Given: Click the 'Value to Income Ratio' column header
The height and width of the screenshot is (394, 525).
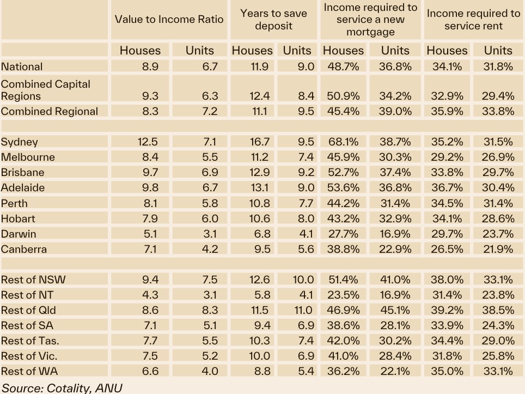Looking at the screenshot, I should coord(169,20).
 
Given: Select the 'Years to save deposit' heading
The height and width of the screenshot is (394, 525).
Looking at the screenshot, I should coord(273,20).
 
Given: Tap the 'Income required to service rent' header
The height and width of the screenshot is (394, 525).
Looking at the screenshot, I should coord(473,20).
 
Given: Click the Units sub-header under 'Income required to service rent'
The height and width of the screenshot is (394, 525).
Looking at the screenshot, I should coord(498,50).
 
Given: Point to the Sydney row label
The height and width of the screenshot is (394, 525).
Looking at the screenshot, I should coord(20,142).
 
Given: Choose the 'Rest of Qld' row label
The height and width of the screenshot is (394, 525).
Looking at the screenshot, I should coord(29,310).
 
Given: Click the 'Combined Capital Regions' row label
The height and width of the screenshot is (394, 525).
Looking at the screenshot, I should coord(46,90).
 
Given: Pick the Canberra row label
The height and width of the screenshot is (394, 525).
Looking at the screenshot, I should coord(24,249).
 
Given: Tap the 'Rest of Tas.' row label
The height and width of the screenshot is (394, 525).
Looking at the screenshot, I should coord(30,341).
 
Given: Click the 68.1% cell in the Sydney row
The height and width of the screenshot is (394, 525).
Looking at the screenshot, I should coord(343,142).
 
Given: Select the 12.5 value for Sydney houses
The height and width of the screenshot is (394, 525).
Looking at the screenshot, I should coord(147,142).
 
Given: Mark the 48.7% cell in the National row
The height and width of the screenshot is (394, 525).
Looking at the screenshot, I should coord(343,66).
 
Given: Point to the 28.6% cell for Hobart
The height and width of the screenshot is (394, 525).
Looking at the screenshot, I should coord(498,219).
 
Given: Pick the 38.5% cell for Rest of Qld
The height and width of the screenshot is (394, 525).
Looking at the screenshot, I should coord(498,310).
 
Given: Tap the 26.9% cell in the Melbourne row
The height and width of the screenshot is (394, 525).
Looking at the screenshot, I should coord(498,157).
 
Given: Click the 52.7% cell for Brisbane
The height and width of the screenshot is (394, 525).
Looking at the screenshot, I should coord(343,172).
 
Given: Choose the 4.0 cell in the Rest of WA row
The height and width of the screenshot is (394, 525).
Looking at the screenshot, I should coord(210,371).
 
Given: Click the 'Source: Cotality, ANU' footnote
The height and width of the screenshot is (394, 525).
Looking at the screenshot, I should coord(62,388).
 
